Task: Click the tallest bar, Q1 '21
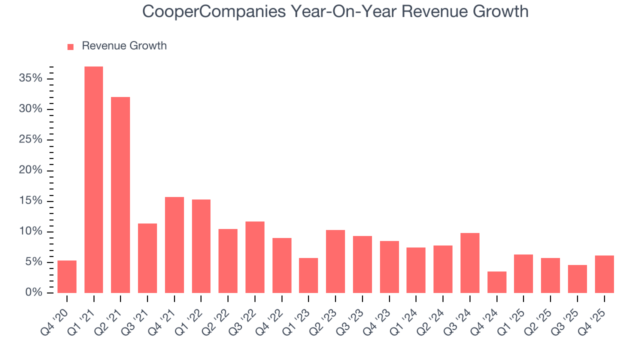point(93,180)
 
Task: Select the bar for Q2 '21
point(120,195)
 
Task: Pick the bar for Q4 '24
point(496,282)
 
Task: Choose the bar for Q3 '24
point(470,263)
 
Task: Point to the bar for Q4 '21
point(174,245)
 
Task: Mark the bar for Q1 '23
point(308,275)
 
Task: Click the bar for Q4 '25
point(604,274)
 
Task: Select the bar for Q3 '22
point(255,257)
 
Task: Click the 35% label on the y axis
point(31,78)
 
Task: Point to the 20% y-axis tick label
point(31,170)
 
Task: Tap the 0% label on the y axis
point(34,293)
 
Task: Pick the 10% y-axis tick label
point(31,232)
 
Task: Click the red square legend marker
point(70,46)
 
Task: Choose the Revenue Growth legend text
point(124,46)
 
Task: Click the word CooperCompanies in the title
point(205,11)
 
